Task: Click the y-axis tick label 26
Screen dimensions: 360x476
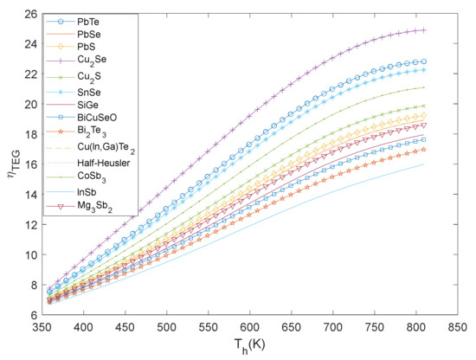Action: click(x=30, y=14)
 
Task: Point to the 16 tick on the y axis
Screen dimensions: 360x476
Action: click(x=30, y=164)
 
